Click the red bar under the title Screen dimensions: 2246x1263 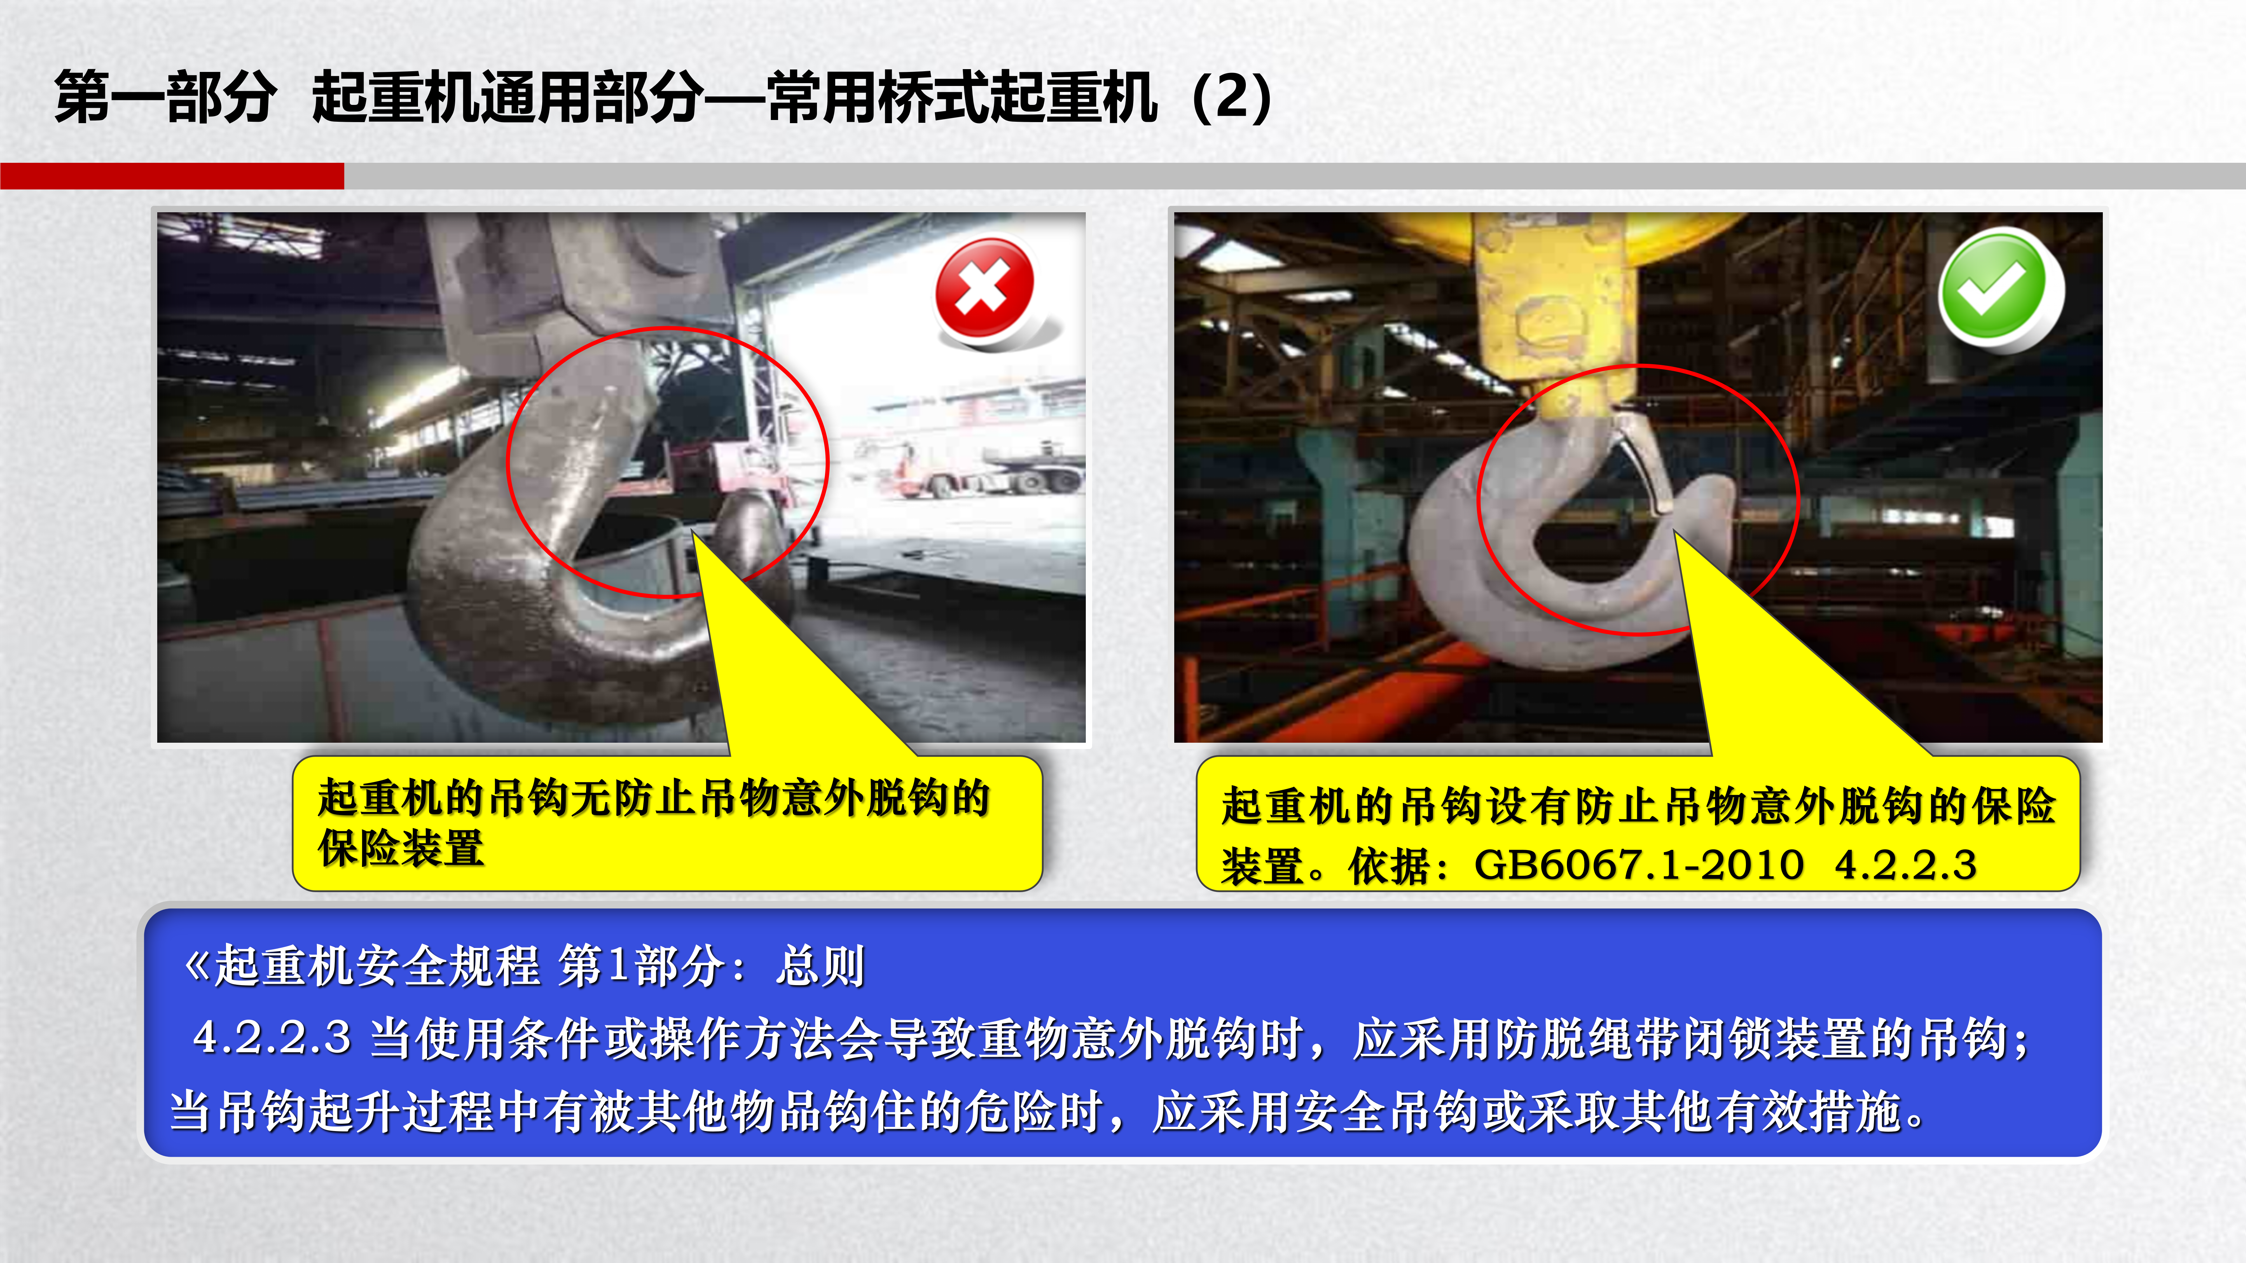pos(172,175)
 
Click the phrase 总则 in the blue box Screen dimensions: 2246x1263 pos(819,966)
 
